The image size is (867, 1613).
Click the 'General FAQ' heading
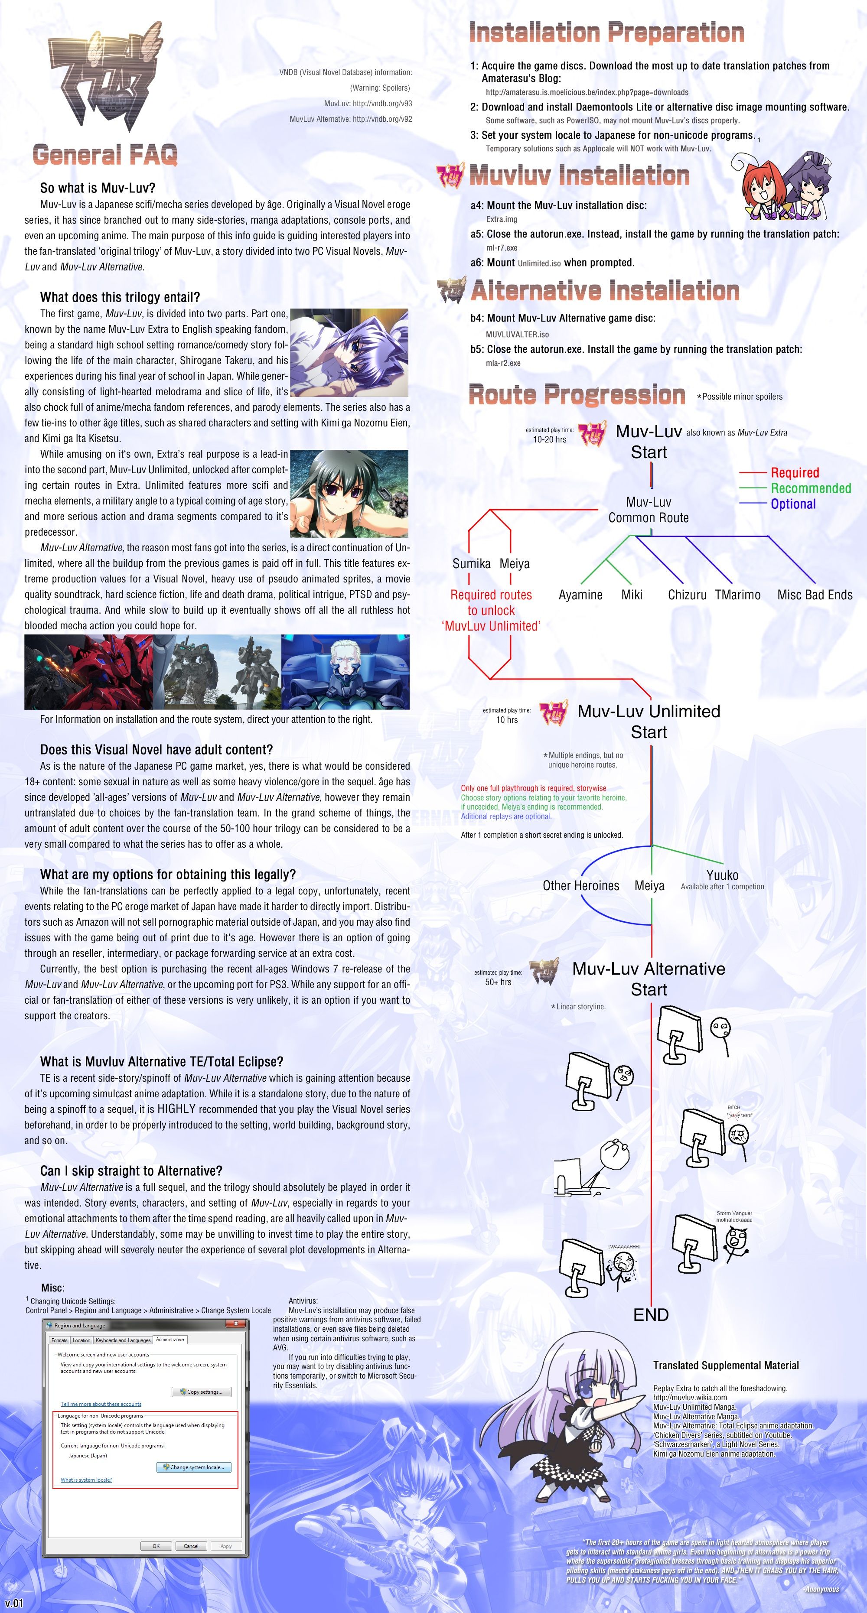104,155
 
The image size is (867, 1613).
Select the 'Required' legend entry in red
794,473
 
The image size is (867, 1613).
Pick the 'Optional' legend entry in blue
792,504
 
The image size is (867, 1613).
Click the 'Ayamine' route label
580,595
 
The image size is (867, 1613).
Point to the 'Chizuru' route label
687,595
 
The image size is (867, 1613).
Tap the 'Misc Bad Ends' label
815,595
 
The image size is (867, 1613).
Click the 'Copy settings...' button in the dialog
202,1392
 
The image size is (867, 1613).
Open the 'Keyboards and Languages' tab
123,1340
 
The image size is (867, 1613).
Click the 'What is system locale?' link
86,1480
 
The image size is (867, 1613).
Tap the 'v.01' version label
14,1603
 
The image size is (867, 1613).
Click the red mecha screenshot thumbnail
89,671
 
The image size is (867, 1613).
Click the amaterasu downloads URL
587,92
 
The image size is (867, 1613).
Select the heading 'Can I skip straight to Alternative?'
131,1171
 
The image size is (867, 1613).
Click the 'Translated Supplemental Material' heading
725,1366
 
